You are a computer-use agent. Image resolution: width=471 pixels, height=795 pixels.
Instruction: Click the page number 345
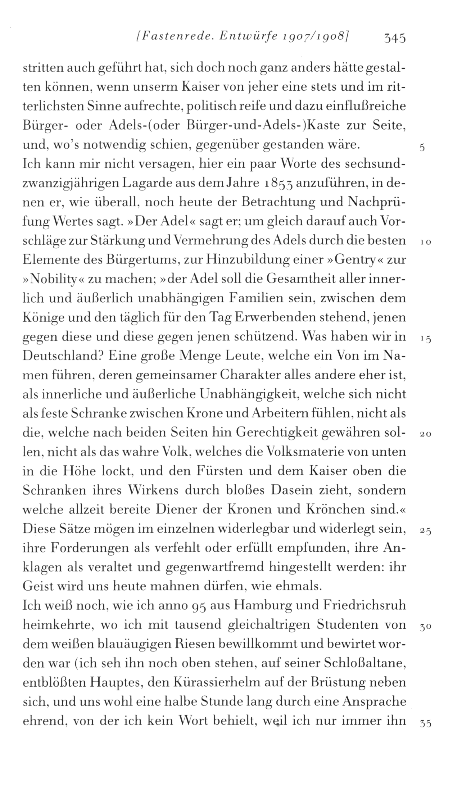click(395, 37)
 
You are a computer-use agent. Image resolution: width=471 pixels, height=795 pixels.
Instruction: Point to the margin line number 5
click(422, 148)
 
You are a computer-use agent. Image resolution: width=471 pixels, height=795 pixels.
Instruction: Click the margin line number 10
click(425, 242)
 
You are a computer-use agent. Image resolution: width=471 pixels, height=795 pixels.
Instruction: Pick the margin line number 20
click(425, 434)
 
